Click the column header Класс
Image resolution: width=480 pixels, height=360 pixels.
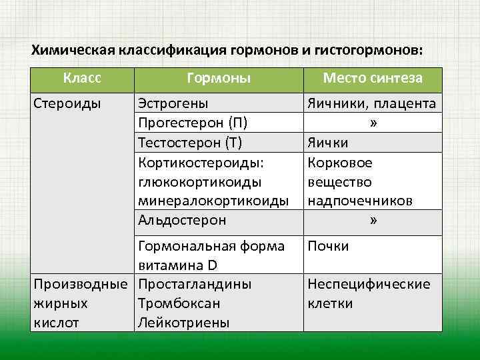pyautogui.click(x=82, y=79)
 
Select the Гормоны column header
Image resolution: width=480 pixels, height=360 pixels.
pyautogui.click(x=219, y=79)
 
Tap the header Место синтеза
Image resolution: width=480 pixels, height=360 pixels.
pyautogui.click(x=372, y=79)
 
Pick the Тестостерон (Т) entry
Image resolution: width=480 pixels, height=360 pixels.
pyautogui.click(x=189, y=143)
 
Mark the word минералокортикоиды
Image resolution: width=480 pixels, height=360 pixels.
pyautogui.click(x=213, y=201)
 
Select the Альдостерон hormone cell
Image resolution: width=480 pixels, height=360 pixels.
pyautogui.click(x=181, y=220)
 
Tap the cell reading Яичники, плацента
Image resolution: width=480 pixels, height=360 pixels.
pyautogui.click(x=371, y=103)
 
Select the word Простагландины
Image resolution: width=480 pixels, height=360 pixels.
pyautogui.click(x=194, y=285)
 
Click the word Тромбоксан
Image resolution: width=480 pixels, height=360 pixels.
pyautogui.click(x=179, y=304)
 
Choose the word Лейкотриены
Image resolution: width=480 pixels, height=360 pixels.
pyautogui.click(x=183, y=323)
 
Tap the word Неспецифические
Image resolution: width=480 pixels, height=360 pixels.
pyautogui.click(x=368, y=285)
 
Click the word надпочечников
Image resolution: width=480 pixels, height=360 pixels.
pyautogui.click(x=359, y=201)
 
